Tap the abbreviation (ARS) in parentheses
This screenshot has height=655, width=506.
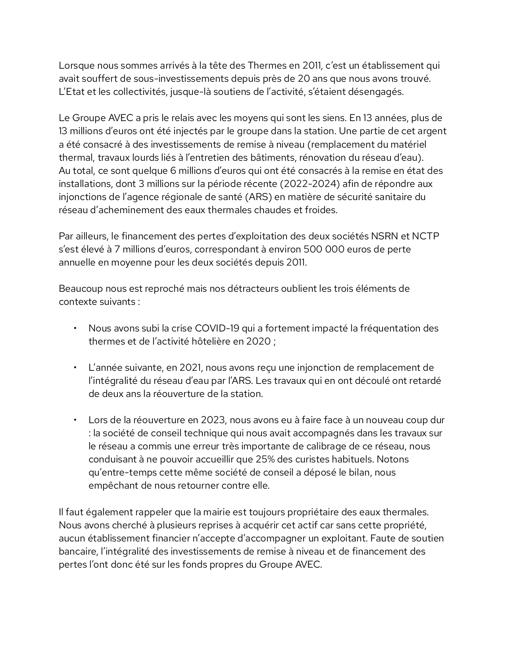(258, 197)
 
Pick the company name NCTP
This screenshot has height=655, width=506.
(425, 236)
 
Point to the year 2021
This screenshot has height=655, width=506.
(192, 368)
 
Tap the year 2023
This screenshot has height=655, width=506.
(214, 420)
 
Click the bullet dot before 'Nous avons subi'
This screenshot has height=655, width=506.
(74, 328)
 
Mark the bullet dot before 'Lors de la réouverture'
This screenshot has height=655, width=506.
(74, 420)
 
